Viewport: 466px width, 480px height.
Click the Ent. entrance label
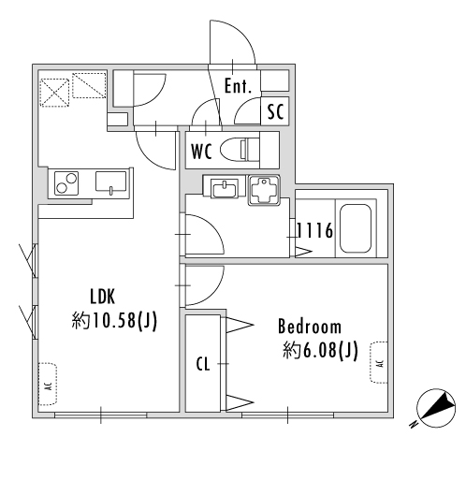[238, 86]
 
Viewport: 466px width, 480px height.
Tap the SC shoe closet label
[276, 111]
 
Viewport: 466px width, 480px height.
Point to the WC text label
[202, 152]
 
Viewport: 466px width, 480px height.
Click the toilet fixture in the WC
[240, 149]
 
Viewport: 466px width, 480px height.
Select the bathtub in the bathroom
[356, 228]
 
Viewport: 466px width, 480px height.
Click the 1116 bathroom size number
[314, 231]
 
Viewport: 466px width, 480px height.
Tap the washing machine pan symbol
[264, 190]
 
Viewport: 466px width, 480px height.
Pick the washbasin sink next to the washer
[224, 188]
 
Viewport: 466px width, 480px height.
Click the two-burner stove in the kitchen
[66, 183]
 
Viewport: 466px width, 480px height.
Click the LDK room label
[102, 297]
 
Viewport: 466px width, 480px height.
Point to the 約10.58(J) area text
[114, 320]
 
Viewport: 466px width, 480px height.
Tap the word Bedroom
[310, 327]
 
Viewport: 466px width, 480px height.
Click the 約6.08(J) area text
[320, 350]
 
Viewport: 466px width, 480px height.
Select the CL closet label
[203, 364]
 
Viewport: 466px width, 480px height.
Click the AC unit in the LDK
[48, 384]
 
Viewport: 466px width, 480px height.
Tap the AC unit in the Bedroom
[379, 362]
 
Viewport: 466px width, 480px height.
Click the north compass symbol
[436, 408]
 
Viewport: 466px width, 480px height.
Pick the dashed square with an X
[54, 93]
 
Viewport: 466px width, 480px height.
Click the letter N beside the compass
[414, 425]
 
